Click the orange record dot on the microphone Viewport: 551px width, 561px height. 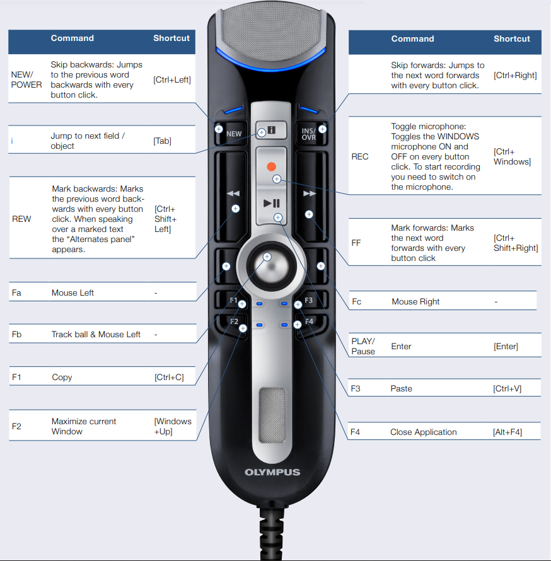coord(272,167)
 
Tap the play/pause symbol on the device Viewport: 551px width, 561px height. coord(272,203)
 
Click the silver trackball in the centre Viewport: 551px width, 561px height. coord(272,266)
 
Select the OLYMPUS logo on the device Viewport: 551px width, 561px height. coord(272,472)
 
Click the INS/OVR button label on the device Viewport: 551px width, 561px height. coord(308,134)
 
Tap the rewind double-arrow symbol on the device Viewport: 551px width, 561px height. coord(233,194)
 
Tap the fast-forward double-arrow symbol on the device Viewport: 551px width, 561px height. coord(310,194)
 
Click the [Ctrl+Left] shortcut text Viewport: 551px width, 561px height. coord(172,80)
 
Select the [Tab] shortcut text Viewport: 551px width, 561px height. coord(163,141)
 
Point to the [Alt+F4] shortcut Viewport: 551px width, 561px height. coord(507,432)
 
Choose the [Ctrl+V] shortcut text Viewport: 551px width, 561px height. coord(507,389)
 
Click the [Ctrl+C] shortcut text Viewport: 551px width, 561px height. coord(169,378)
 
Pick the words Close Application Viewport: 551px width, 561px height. coord(423,432)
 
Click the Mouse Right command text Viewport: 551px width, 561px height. coord(415,301)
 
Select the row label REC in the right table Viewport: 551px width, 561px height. coord(359,157)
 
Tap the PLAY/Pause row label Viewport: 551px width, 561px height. coord(363,346)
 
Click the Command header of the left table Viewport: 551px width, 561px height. coord(72,38)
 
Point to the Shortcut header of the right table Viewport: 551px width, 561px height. coord(512,39)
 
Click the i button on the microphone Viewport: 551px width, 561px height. coord(271,130)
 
